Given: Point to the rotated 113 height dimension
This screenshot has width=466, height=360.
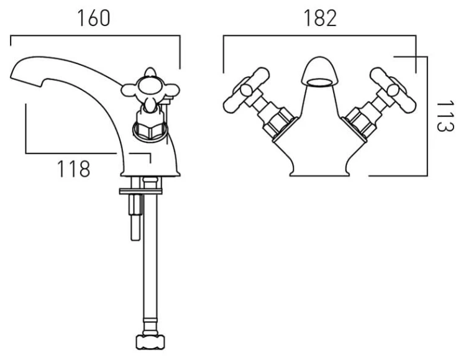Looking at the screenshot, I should click(x=442, y=116).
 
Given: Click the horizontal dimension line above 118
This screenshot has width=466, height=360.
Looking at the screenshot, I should click(x=87, y=153).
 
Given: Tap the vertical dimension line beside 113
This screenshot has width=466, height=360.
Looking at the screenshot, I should click(x=427, y=116).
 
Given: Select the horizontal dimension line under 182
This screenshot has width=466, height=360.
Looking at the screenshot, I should click(x=319, y=38).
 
